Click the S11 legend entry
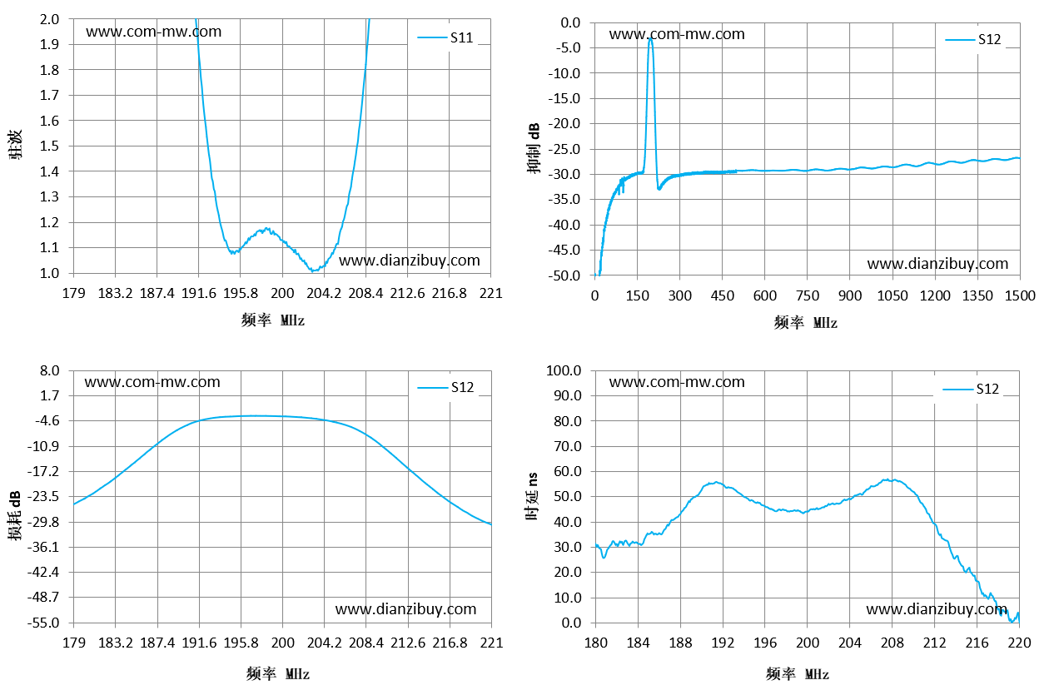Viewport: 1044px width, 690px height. coord(445,37)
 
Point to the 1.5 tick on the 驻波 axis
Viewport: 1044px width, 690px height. coord(49,146)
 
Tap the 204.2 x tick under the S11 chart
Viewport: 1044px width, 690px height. coord(324,293)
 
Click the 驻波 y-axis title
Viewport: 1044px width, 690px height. coord(15,145)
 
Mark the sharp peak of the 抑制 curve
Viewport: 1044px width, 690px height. coord(650,39)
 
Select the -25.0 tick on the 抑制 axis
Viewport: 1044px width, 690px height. coord(564,149)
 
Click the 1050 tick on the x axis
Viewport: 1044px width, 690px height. coord(892,295)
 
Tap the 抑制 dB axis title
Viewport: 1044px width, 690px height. coord(534,148)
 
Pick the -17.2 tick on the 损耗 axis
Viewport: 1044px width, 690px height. coord(43,471)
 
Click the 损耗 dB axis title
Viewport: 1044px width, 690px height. coord(14,515)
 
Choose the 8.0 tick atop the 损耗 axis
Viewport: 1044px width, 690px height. coord(50,371)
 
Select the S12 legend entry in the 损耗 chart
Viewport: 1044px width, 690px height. coord(445,387)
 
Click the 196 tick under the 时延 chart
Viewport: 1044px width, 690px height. coord(765,643)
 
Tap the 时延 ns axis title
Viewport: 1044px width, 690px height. coord(532,496)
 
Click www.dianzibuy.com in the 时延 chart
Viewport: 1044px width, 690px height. coord(937,609)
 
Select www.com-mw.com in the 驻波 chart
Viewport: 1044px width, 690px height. coord(154,32)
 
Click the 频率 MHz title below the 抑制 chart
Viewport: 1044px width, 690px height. coord(806,322)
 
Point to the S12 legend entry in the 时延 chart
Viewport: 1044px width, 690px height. coord(971,389)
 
